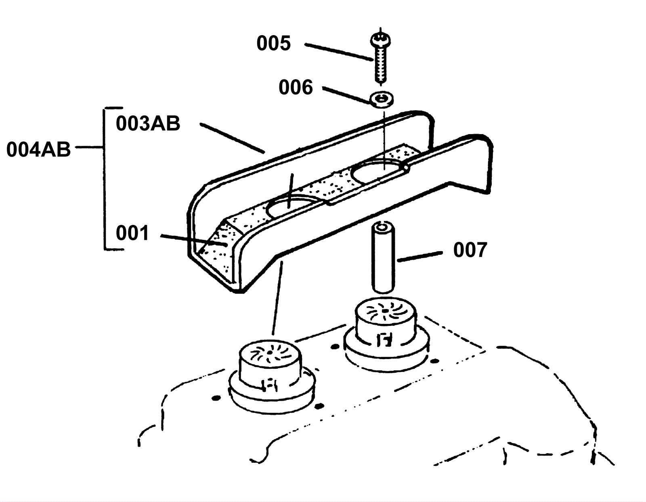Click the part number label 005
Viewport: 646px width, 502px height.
pos(273,43)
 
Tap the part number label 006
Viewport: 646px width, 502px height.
pos(296,87)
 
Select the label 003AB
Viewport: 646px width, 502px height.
pos(148,123)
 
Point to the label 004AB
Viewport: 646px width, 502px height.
pos(38,149)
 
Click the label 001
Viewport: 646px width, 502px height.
pos(132,233)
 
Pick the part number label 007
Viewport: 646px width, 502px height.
pos(470,250)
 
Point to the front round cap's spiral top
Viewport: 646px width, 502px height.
pos(270,353)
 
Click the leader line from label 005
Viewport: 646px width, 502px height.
pos(338,52)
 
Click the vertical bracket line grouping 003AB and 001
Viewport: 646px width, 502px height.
pos(105,178)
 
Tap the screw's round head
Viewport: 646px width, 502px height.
pos(380,40)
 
